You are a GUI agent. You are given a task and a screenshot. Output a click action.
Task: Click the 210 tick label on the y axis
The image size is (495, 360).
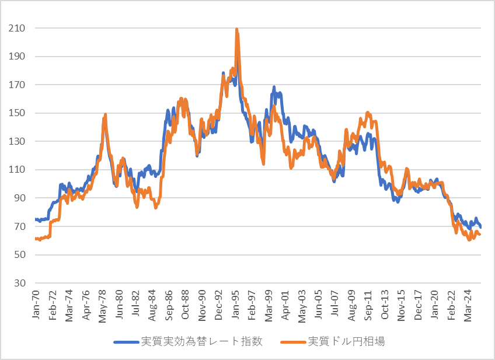tap(16, 28)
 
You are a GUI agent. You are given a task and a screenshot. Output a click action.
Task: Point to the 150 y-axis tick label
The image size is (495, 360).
tap(16, 113)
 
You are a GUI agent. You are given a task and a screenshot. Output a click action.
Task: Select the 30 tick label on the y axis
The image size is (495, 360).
tap(20, 283)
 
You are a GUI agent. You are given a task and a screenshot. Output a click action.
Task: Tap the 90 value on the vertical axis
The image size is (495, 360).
tap(20, 198)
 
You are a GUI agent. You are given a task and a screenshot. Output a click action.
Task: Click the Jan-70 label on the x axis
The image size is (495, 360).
tap(36, 304)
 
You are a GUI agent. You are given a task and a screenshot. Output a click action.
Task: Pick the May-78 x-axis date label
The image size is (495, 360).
tap(102, 306)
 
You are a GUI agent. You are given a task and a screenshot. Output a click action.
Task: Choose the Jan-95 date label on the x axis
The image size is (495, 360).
tap(235, 304)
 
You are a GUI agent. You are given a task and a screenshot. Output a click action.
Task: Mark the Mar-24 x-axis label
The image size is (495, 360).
tap(468, 305)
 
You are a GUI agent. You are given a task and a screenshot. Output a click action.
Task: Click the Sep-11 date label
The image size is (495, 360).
tap(368, 305)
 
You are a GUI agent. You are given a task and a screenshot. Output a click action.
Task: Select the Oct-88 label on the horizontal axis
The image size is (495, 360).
tap(185, 304)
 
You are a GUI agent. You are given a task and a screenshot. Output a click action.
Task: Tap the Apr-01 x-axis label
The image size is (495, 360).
tap(285, 305)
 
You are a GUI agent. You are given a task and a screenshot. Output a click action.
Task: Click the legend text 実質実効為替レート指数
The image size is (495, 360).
tap(202, 341)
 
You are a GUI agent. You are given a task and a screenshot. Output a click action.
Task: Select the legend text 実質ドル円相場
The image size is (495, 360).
tap(346, 341)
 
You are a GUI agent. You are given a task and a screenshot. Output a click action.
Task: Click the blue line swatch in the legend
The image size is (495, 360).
tap(126, 342)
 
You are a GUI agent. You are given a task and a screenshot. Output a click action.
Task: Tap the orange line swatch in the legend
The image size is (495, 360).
tap(293, 342)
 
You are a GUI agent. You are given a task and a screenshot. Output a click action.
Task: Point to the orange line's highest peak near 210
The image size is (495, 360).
tap(237, 29)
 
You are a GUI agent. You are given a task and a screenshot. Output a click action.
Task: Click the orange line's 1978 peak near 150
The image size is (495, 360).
tap(105, 114)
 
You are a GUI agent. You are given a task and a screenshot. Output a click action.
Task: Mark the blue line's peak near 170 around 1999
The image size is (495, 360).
tap(274, 87)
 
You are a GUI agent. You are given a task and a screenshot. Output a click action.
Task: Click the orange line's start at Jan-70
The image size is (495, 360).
tap(36, 239)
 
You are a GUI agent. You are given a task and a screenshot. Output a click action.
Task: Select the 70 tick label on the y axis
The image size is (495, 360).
tap(20, 226)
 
